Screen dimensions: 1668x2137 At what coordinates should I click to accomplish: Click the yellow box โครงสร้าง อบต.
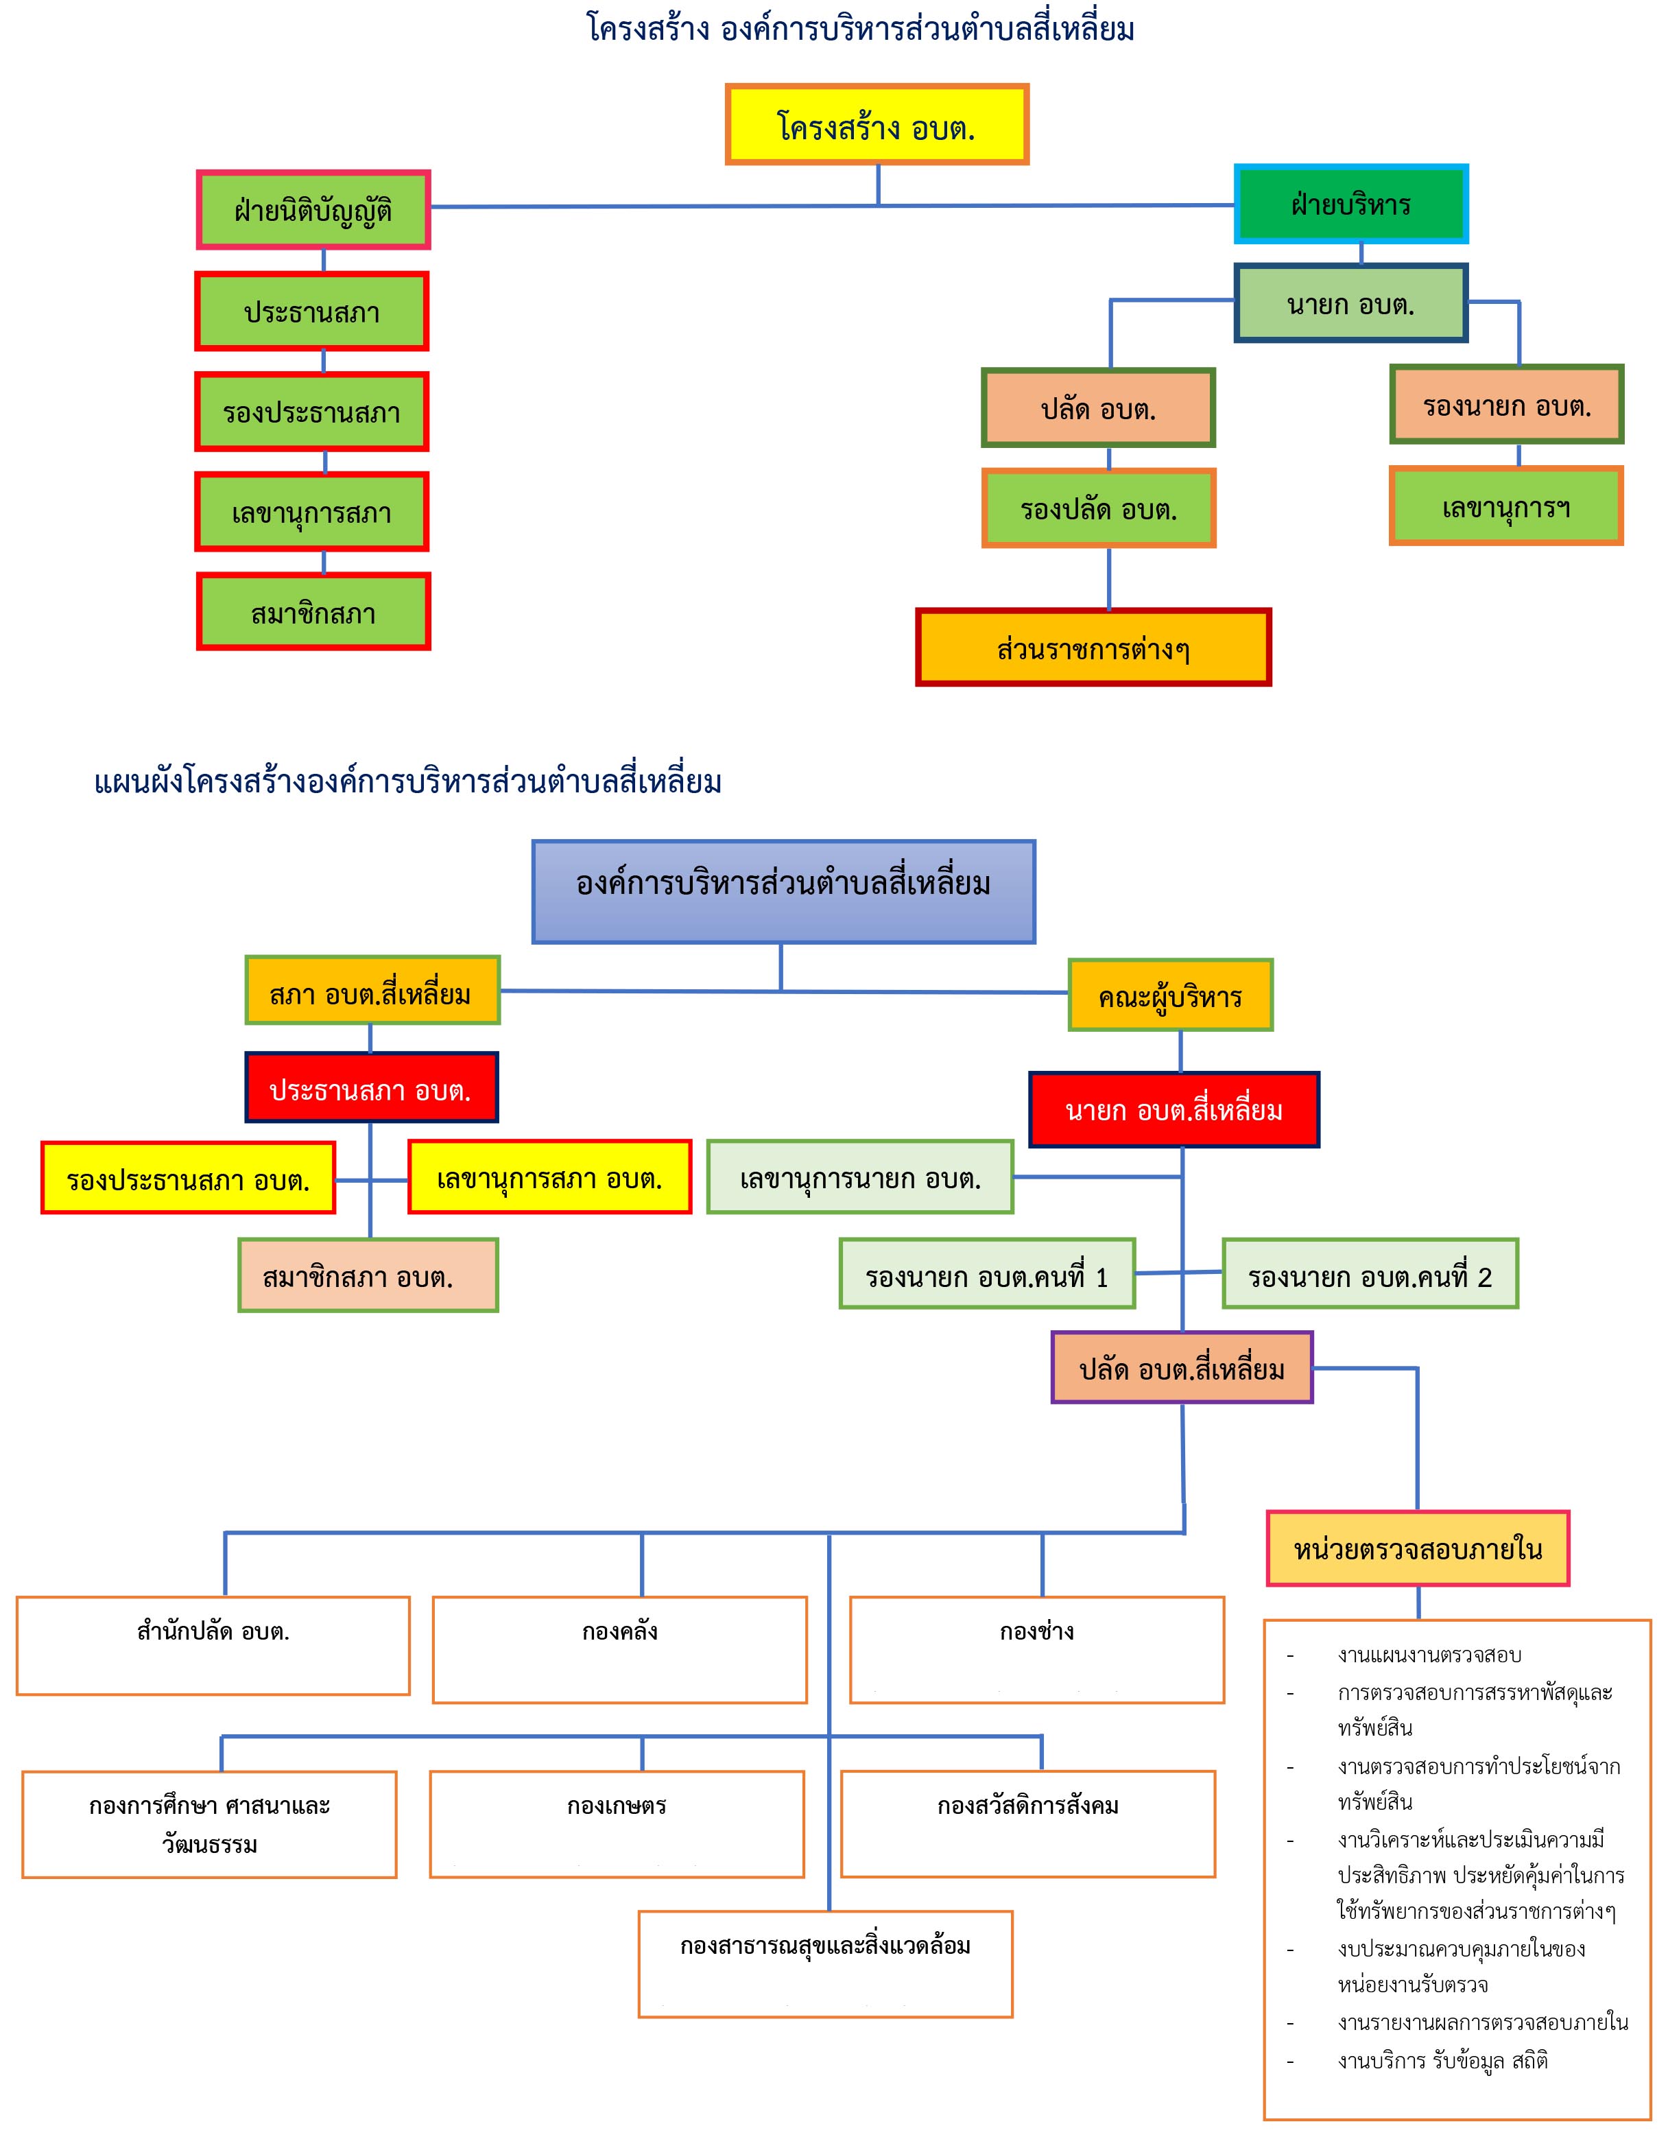click(877, 124)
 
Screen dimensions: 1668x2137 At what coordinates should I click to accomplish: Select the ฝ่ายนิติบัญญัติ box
click(313, 209)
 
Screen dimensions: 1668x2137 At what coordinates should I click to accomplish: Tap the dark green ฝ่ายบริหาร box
click(1351, 204)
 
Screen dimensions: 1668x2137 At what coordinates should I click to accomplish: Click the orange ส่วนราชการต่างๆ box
click(1093, 647)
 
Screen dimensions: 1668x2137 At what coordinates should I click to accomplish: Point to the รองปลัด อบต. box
click(1099, 508)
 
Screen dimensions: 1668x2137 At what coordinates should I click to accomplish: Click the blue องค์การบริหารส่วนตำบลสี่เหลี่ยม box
click(784, 891)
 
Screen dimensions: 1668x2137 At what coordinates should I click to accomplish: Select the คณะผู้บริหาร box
click(1170, 995)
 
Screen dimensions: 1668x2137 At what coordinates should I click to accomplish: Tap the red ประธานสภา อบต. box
click(371, 1087)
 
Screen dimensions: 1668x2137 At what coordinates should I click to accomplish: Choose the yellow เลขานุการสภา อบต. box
click(550, 1177)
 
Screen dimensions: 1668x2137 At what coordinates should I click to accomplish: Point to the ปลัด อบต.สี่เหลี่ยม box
click(1182, 1367)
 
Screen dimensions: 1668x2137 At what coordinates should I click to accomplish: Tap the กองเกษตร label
click(617, 1805)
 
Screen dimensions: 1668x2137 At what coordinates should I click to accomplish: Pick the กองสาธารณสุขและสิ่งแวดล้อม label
click(826, 1945)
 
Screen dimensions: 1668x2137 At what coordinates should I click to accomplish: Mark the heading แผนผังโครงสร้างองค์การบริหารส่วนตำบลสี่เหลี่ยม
click(408, 782)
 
